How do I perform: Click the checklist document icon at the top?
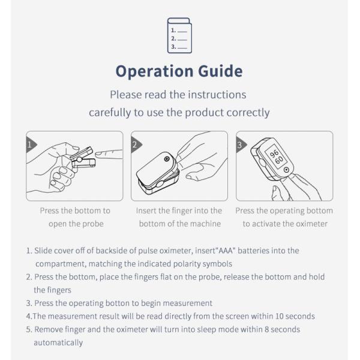click(179, 35)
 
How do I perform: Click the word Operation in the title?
click(155, 71)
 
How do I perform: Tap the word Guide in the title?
click(220, 71)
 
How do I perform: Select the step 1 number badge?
click(31, 145)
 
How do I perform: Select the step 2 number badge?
click(136, 145)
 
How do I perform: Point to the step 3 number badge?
click(241, 145)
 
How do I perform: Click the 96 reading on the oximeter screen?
click(274, 153)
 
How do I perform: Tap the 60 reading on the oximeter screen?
click(279, 160)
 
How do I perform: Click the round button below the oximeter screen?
click(286, 170)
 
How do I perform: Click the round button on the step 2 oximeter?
click(167, 159)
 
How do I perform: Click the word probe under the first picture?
click(93, 224)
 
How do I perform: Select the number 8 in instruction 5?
click(266, 329)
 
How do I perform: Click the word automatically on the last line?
click(58, 343)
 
